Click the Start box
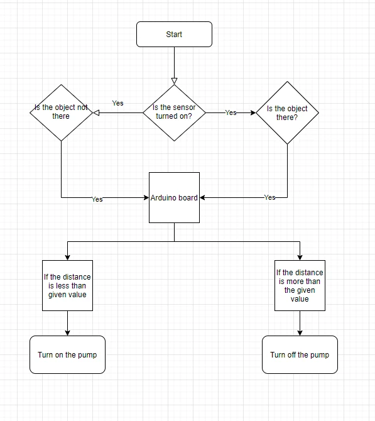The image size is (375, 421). pos(174,35)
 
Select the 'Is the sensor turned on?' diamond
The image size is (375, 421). pos(174,112)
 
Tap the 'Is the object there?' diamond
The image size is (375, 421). pos(287,112)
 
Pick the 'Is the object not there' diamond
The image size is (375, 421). pos(61,112)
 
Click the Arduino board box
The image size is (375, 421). pos(174,197)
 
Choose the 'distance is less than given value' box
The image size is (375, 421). pos(67,285)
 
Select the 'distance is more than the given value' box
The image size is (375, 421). pos(300,285)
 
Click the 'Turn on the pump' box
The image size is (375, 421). pos(67,354)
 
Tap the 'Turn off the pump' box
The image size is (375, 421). pos(300,354)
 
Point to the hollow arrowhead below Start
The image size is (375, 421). pos(174,81)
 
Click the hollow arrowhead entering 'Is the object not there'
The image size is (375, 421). pos(96,112)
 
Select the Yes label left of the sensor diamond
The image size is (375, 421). pos(118,103)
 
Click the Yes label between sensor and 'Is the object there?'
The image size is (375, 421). pos(231,112)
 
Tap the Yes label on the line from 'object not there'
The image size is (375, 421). pos(97,199)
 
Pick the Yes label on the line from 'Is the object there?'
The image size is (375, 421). pos(269,197)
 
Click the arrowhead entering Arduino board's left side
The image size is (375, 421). pos(146,197)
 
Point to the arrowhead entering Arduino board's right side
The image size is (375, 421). pos(202,197)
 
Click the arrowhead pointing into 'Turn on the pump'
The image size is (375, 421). pos(67,333)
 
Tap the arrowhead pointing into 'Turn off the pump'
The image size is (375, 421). pos(300,333)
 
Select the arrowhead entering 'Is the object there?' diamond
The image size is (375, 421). pos(253,112)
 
